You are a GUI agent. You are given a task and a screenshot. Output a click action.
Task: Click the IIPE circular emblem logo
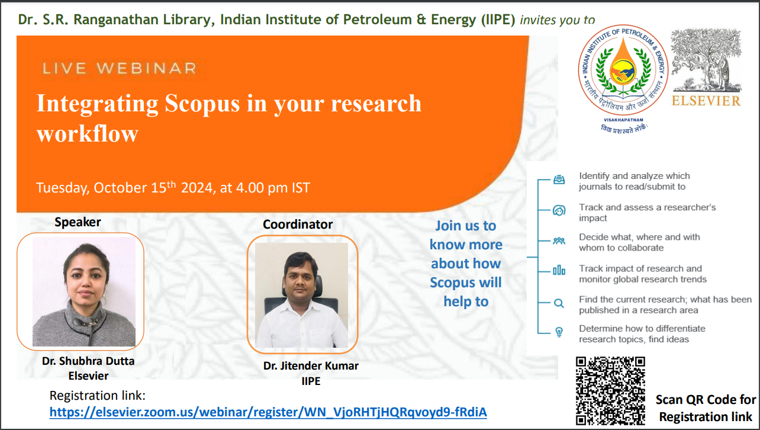pos(623,70)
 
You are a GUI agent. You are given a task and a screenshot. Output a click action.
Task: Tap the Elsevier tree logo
pos(706,60)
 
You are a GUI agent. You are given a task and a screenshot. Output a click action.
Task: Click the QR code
pos(610,391)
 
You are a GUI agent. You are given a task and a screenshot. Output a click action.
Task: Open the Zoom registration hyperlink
pos(268,412)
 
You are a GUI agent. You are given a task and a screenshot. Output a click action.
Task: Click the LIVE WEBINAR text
pos(120,68)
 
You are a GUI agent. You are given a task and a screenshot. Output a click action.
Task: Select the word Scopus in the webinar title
pos(202,104)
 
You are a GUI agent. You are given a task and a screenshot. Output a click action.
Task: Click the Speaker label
pos(78,222)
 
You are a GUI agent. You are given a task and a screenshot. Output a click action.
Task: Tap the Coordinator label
pos(298,224)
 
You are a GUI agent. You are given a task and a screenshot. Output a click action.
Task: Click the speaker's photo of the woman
pos(84,291)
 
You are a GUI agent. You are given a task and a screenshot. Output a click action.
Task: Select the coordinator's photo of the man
pos(301,295)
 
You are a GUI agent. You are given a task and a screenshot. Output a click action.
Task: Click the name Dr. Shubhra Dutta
pos(88,361)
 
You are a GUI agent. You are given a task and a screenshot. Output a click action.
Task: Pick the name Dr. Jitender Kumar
pos(311,365)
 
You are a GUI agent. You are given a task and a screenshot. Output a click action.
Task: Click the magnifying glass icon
pos(559,303)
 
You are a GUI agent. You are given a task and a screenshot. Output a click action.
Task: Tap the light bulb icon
pos(559,332)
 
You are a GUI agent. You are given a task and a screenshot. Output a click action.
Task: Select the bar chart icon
pos(559,271)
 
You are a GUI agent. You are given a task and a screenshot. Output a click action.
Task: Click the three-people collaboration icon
pos(559,241)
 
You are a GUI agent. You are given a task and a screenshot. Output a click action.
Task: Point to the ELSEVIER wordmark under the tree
pos(706,101)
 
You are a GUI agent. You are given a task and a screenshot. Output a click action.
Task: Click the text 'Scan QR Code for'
pos(706,400)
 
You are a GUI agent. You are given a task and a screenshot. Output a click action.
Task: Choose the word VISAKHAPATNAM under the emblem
pos(624,120)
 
